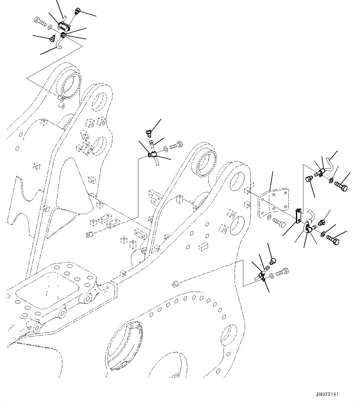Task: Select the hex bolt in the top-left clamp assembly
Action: point(39,22)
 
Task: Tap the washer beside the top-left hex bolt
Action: point(50,28)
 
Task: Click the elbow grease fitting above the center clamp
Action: point(148,133)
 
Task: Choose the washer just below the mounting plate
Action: point(269,217)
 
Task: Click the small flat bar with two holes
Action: point(298,216)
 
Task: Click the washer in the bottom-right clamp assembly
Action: point(271,275)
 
